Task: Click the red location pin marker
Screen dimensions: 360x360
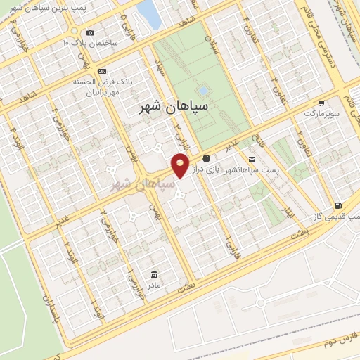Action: click(x=181, y=166)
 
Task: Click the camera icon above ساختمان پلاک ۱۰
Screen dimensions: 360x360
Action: click(x=89, y=32)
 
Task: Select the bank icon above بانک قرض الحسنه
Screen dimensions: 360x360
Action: click(x=103, y=71)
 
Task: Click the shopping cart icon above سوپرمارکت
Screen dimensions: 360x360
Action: click(x=328, y=103)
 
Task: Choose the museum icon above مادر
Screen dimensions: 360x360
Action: click(x=154, y=274)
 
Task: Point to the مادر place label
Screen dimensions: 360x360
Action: click(x=153, y=284)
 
